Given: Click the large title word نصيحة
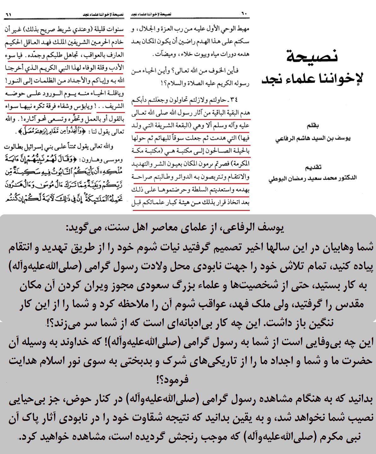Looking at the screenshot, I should click(x=312, y=56).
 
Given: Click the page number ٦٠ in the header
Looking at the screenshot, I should click(x=244, y=14).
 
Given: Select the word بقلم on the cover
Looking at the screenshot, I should click(x=313, y=126).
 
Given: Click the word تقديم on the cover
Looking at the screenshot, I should click(x=313, y=167).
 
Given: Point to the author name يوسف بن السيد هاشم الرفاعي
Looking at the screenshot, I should click(x=313, y=139).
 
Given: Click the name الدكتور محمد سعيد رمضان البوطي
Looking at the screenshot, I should click(x=312, y=178).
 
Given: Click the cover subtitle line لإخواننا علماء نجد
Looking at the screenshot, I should click(x=312, y=78).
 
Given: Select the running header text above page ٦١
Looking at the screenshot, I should click(x=103, y=15).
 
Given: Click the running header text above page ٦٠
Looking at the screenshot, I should click(x=151, y=15).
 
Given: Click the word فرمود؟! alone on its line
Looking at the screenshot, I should click(x=172, y=379).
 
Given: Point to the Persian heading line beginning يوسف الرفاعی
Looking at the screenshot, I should click(x=175, y=228).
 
